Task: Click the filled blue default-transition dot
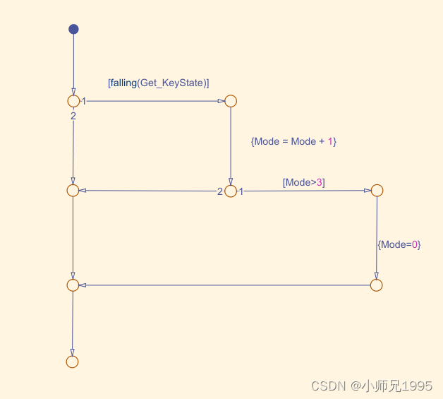73,29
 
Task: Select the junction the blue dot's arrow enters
73,101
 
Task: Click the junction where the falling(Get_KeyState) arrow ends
231,101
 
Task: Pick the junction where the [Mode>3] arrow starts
231,191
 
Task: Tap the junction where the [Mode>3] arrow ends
377,191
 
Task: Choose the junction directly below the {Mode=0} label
376,285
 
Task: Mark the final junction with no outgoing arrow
72,362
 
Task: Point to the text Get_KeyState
172,83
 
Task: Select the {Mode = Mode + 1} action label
293,141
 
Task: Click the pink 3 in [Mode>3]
320,182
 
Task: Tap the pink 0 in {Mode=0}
415,244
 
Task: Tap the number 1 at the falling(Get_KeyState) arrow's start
84,102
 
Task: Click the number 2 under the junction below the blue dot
73,115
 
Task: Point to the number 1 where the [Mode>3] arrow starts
241,191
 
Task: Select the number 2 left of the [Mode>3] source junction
219,191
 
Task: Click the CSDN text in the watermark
327,386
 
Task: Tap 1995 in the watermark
417,386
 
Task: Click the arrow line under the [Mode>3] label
303,191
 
